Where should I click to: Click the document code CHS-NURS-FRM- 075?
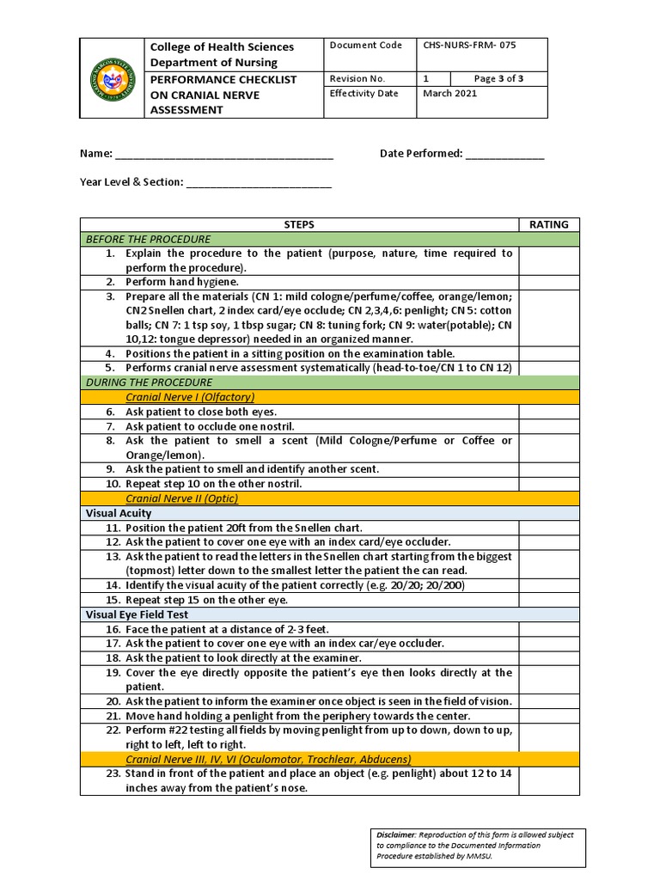468,45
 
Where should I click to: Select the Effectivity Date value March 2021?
449,94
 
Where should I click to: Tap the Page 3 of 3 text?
498,78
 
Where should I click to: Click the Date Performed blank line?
504,155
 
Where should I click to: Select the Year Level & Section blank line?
258,183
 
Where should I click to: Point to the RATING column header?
548,224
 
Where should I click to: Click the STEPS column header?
299,224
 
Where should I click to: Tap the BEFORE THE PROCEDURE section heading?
148,239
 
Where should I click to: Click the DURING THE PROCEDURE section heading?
149,382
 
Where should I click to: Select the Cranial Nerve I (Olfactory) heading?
190,397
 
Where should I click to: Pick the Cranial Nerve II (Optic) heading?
181,498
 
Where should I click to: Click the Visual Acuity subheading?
119,513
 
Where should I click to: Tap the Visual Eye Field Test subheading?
137,614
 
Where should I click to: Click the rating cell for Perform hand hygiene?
548,282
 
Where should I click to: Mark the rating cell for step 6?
548,412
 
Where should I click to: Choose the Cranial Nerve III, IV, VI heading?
268,759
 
